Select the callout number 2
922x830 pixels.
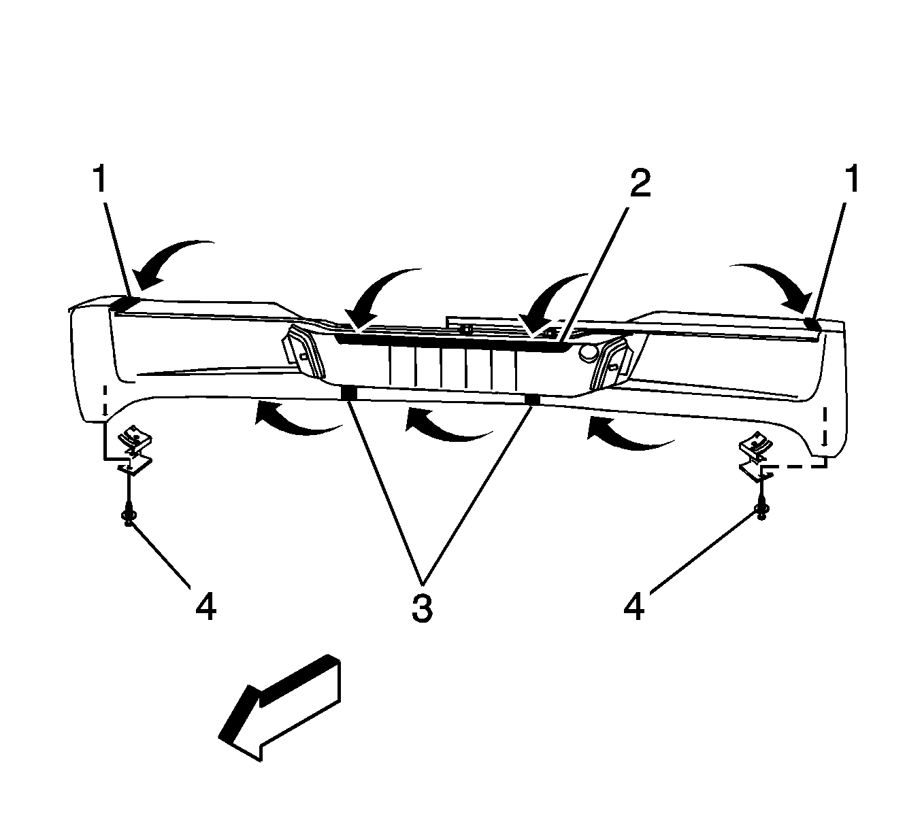tap(640, 184)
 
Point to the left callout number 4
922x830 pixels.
tap(205, 606)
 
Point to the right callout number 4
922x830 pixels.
tap(634, 606)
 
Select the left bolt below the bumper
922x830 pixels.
tap(128, 516)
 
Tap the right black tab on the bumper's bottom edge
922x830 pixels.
tap(532, 400)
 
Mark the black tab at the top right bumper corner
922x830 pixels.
tap(813, 324)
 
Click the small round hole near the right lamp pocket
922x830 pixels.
tap(589, 353)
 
